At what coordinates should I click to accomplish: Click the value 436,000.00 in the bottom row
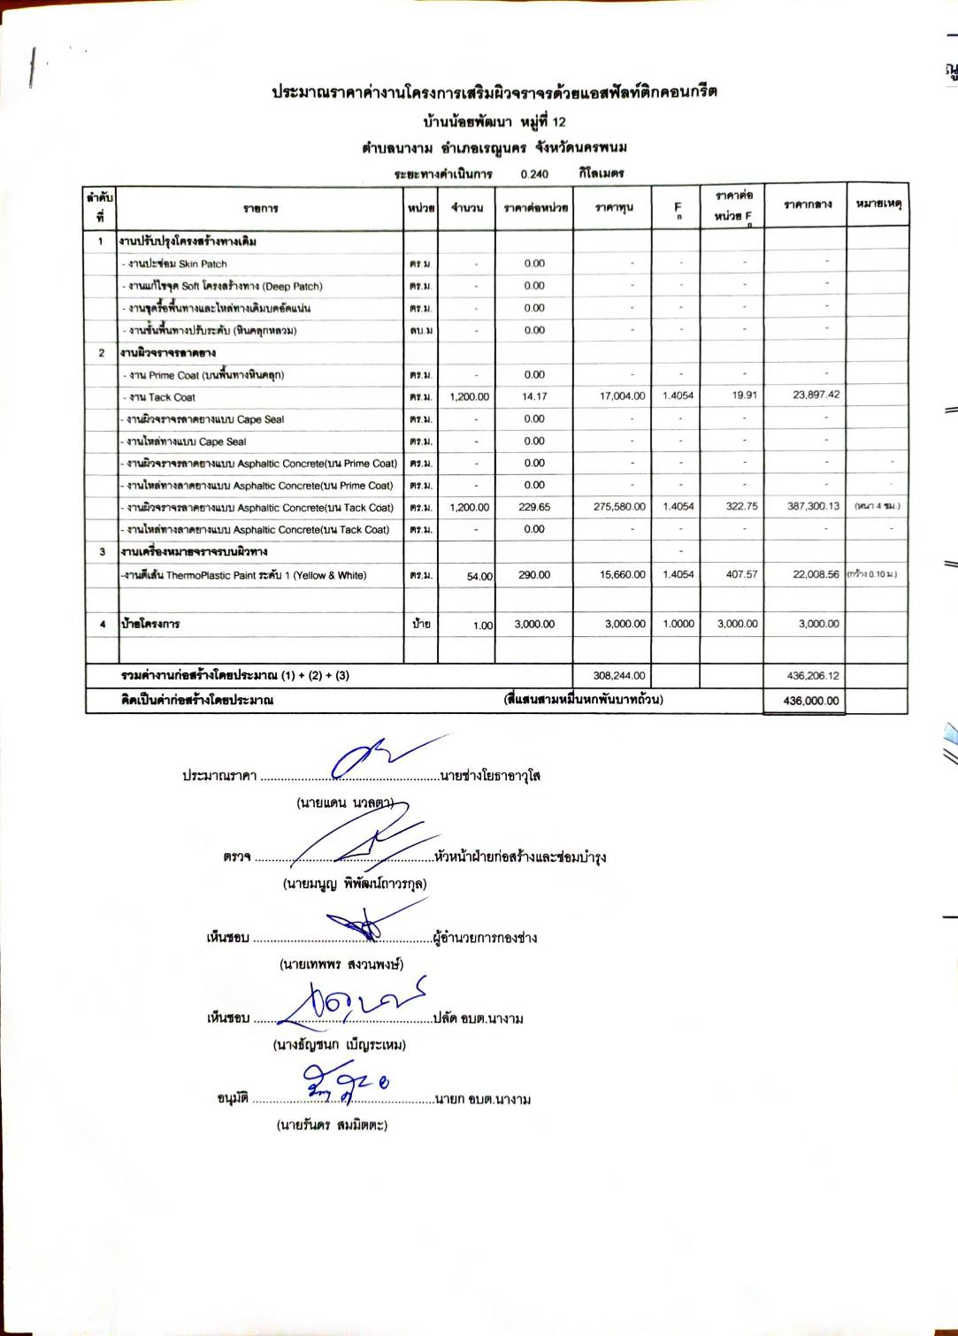[810, 700]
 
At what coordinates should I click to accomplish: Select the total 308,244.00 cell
[618, 675]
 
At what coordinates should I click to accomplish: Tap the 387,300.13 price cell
[813, 506]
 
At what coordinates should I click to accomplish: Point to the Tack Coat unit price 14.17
[534, 396]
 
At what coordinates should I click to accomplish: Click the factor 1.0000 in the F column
[678, 624]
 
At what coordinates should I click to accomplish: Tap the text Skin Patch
[203, 264]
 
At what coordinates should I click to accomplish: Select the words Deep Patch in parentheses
[293, 286]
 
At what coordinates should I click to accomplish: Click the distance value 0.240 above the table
[534, 174]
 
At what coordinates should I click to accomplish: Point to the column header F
[678, 208]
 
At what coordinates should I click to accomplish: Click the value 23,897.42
[816, 395]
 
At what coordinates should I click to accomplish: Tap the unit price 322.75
[741, 506]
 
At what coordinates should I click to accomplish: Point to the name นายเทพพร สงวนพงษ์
[341, 964]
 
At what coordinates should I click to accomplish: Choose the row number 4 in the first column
[103, 624]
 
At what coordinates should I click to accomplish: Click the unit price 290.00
[534, 574]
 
